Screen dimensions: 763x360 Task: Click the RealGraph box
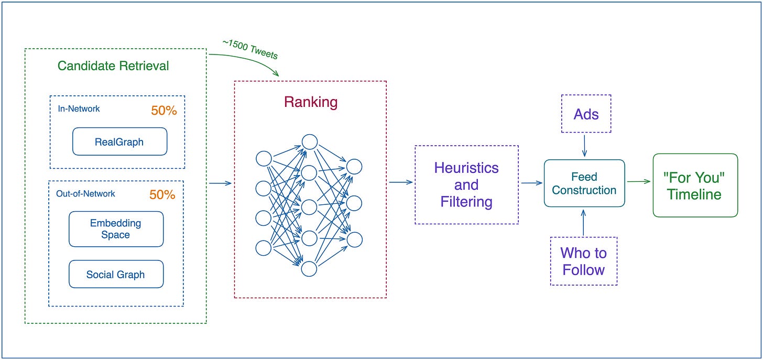(x=119, y=141)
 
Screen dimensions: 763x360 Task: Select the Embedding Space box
(x=116, y=229)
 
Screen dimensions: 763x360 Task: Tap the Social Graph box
(x=116, y=274)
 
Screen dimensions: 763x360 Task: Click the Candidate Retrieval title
(x=113, y=66)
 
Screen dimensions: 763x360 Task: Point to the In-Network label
(x=79, y=108)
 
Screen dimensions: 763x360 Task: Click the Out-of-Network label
(x=85, y=193)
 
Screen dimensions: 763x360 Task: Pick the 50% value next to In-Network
(x=164, y=111)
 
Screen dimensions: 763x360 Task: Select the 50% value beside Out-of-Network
(x=162, y=194)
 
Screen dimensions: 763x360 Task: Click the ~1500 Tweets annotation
(x=250, y=49)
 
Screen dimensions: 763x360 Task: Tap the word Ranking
(x=311, y=102)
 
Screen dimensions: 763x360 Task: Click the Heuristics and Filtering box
(x=466, y=184)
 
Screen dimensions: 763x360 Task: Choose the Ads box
(x=586, y=114)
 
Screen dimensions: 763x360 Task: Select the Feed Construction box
(x=584, y=183)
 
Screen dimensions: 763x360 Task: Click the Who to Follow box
(x=583, y=261)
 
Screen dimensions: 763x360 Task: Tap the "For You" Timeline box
(x=695, y=186)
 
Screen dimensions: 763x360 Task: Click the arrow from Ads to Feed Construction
(x=584, y=146)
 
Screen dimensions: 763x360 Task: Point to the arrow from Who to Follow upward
(x=583, y=223)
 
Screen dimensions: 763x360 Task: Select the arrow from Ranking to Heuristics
(x=401, y=182)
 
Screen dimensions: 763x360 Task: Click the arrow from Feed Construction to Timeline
(x=639, y=181)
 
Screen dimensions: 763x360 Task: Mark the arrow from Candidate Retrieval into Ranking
(x=221, y=183)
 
